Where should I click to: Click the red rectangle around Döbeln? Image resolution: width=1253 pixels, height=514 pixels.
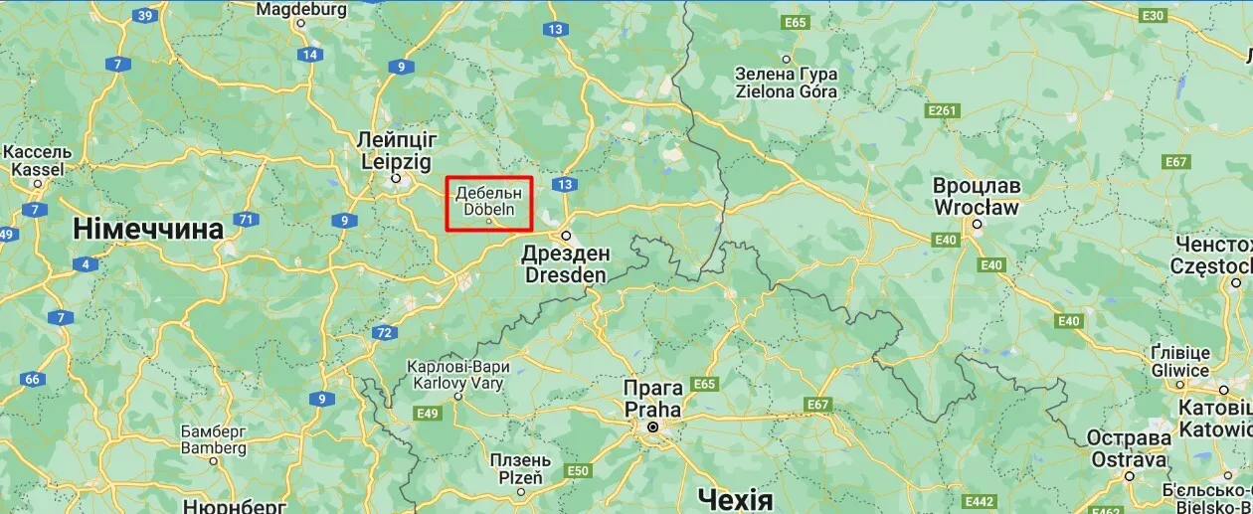[x=489, y=204]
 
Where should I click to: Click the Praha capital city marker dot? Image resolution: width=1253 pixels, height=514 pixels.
[x=653, y=428]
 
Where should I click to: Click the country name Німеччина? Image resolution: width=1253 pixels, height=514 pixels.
[x=148, y=229]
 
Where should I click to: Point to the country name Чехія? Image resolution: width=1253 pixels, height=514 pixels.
[x=735, y=498]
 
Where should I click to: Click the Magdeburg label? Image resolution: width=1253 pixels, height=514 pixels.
[x=301, y=9]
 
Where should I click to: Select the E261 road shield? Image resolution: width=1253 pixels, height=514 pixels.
[x=941, y=109]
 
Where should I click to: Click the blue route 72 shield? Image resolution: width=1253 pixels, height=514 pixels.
[x=384, y=332]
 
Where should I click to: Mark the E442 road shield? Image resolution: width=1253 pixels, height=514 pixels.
[x=980, y=501]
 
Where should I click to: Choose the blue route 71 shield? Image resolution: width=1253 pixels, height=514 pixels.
[x=244, y=219]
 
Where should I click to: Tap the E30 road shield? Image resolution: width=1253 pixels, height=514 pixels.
[x=1153, y=16]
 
